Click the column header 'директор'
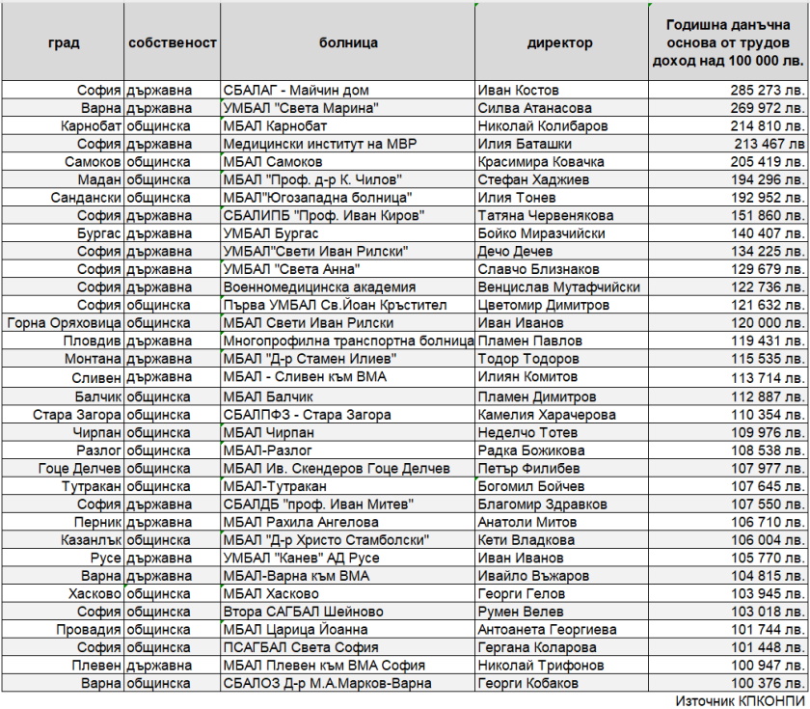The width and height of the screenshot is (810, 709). (x=559, y=43)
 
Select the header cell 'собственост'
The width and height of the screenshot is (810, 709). (x=173, y=43)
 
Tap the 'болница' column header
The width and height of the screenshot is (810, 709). (x=348, y=43)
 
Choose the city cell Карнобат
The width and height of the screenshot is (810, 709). (x=91, y=126)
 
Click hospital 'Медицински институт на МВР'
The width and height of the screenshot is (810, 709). (x=316, y=144)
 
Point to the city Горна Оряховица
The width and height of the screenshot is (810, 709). (x=65, y=323)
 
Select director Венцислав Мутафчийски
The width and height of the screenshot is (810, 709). (x=558, y=287)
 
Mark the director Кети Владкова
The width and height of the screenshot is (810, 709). (x=524, y=540)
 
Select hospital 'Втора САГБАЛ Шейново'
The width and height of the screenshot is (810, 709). (x=303, y=612)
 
